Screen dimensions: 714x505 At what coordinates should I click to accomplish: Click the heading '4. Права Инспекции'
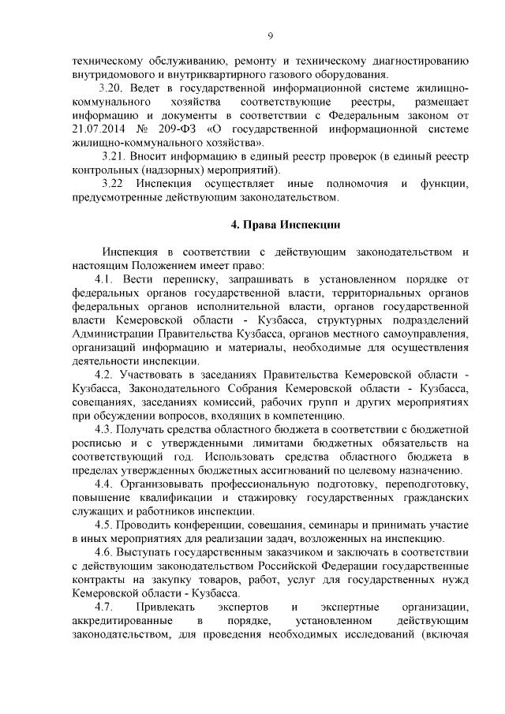(285, 224)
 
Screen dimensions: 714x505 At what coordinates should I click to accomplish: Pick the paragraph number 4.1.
(105, 279)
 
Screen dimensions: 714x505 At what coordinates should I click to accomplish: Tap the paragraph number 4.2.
(105, 373)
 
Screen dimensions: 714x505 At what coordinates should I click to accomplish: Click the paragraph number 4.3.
(105, 429)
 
